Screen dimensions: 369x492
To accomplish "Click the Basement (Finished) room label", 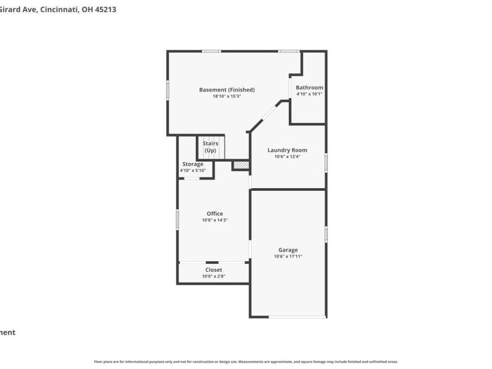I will (226, 90).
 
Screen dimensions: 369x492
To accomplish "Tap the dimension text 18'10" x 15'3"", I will (226, 97).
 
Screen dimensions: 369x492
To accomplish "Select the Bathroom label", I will (309, 87).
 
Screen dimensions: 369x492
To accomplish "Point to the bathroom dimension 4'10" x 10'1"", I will (309, 94).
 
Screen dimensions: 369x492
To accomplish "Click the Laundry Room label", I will (287, 150).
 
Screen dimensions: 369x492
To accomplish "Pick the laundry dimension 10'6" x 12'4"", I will (287, 157).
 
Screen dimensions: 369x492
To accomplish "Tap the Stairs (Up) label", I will (211, 147).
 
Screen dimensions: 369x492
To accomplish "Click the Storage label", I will (192, 164).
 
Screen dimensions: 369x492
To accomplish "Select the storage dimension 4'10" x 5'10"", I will (192, 170).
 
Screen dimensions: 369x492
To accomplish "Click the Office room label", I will (215, 213).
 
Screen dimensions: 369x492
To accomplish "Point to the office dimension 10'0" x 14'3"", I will (215, 220).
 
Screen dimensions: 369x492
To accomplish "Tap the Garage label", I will (288, 250).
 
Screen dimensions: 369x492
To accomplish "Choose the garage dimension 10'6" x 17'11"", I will (288, 256).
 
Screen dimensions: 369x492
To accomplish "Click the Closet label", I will (213, 269).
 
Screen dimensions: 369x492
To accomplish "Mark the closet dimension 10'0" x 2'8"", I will (213, 276).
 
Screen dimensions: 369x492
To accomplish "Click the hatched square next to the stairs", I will (240, 165).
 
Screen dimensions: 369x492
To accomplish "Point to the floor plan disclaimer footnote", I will (245, 362).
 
